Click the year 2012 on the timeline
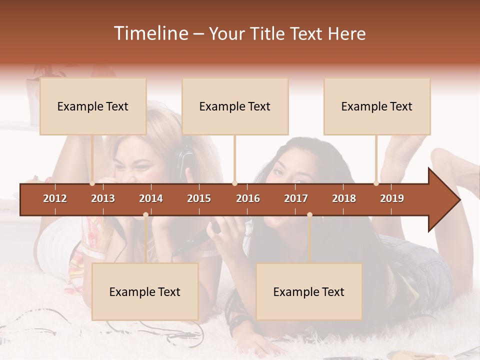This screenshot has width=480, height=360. pyautogui.click(x=55, y=198)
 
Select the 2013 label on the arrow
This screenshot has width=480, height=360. pyautogui.click(x=103, y=198)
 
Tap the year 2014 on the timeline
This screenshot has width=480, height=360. pyautogui.click(x=151, y=198)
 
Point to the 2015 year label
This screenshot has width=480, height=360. pyautogui.click(x=199, y=198)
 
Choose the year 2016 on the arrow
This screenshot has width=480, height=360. pyautogui.click(x=248, y=198)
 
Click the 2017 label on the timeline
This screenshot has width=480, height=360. pyautogui.click(x=296, y=198)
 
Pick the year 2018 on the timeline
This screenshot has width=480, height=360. pyautogui.click(x=344, y=198)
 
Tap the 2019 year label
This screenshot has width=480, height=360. pyautogui.click(x=392, y=198)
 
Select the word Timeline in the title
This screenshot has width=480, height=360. pyautogui.click(x=150, y=33)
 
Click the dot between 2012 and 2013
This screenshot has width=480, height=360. pyautogui.click(x=92, y=183)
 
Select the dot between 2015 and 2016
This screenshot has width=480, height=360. pyautogui.click(x=234, y=183)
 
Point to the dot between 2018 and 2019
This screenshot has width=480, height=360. pyautogui.click(x=376, y=183)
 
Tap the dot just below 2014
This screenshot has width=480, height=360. pyautogui.click(x=145, y=215)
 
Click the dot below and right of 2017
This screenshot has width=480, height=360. pyautogui.click(x=309, y=215)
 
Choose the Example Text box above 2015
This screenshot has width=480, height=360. pyautogui.click(x=235, y=106)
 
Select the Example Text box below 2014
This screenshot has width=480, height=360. pyautogui.click(x=145, y=291)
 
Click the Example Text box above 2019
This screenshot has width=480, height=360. pyautogui.click(x=377, y=106)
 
